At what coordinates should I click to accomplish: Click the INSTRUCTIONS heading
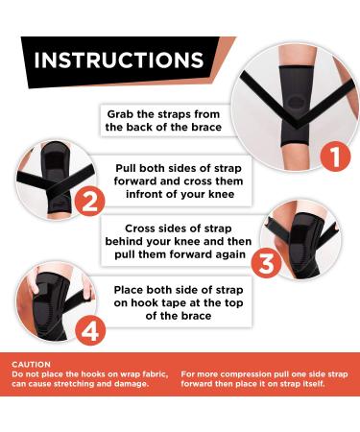click(x=119, y=60)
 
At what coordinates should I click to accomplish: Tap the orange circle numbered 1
click(x=336, y=156)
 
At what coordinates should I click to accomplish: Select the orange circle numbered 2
click(x=89, y=201)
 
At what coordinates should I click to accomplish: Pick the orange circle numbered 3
click(x=266, y=263)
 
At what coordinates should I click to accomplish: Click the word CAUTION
click(x=31, y=365)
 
